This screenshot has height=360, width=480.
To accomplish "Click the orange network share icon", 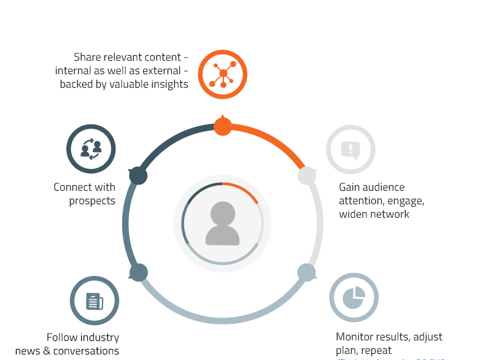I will coord(222,74).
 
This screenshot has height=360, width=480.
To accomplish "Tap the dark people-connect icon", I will coord(91,149).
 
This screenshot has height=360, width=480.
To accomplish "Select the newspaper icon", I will coord(94,301).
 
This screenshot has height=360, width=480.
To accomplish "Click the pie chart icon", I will coord(354,297).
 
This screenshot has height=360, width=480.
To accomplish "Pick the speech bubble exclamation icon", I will coord(350,150).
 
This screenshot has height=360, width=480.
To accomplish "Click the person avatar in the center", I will coord(223,223).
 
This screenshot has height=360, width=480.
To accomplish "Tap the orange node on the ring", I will coord(223,126).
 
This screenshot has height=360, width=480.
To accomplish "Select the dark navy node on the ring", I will coord(139,175).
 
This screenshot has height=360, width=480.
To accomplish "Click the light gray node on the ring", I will coord(307,176).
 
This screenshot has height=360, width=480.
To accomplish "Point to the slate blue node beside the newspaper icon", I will coord(139,272).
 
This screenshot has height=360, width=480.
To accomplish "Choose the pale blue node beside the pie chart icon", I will coord(306,272).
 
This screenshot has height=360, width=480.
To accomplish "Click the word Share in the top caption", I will coord(87,57).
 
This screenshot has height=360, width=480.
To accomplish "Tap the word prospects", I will coord(92,201).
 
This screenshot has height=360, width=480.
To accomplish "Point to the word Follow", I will coord(62,337).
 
